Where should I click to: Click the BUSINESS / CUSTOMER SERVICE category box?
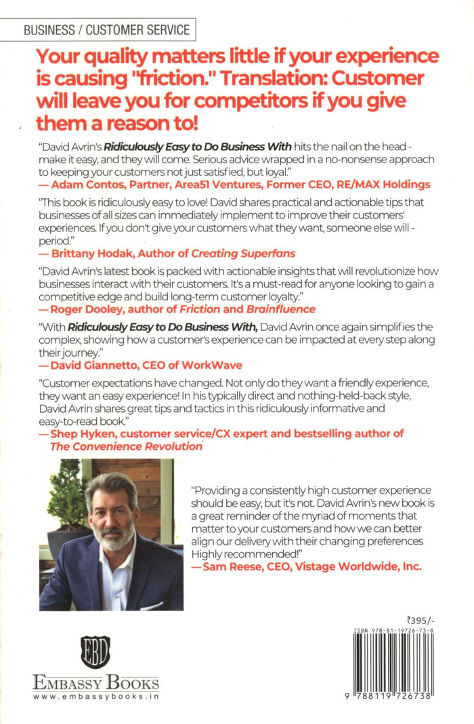click(106, 30)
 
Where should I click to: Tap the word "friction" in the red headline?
click(175, 76)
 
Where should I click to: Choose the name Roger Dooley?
click(84, 309)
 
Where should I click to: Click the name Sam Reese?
click(233, 567)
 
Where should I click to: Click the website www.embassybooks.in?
click(95, 697)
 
